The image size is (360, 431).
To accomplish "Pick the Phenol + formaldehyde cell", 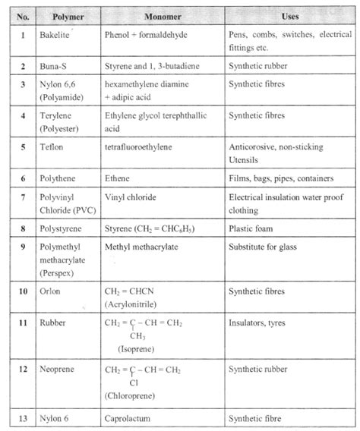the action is pyautogui.click(x=146, y=35).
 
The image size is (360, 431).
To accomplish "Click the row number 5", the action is pyautogui.click(x=24, y=144).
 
